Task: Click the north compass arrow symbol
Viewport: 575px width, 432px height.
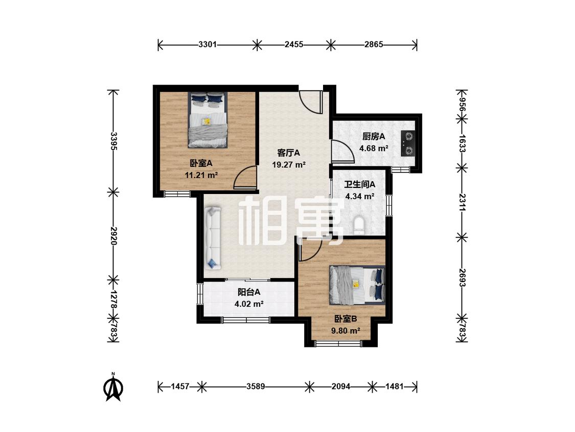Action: pos(113,387)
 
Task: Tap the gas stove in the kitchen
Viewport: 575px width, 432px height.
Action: pos(408,143)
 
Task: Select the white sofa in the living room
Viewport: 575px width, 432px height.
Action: pos(213,238)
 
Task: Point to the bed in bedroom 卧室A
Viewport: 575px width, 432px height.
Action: pos(208,120)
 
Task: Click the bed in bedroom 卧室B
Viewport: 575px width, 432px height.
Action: pos(357,286)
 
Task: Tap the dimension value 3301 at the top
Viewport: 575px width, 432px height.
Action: pos(208,45)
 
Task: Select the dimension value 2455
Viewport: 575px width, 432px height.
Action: pos(294,45)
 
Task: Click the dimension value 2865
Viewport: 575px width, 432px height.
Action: pos(374,45)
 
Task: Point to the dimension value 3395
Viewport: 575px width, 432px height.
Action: pos(113,141)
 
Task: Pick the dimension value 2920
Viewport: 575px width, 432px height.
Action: pos(113,236)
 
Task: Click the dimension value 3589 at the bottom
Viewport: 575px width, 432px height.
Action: pos(256,386)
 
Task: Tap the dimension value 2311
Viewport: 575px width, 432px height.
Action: pos(462,202)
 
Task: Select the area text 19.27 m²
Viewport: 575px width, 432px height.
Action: pos(289,165)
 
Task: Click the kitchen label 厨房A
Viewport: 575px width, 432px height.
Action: pos(374,137)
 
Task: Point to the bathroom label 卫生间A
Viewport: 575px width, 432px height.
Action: pos(360,184)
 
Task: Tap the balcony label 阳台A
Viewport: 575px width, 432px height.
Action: pos(249,292)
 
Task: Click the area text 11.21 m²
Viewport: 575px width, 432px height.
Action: pos(201,175)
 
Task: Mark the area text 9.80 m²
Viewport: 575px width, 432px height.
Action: pos(346,331)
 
